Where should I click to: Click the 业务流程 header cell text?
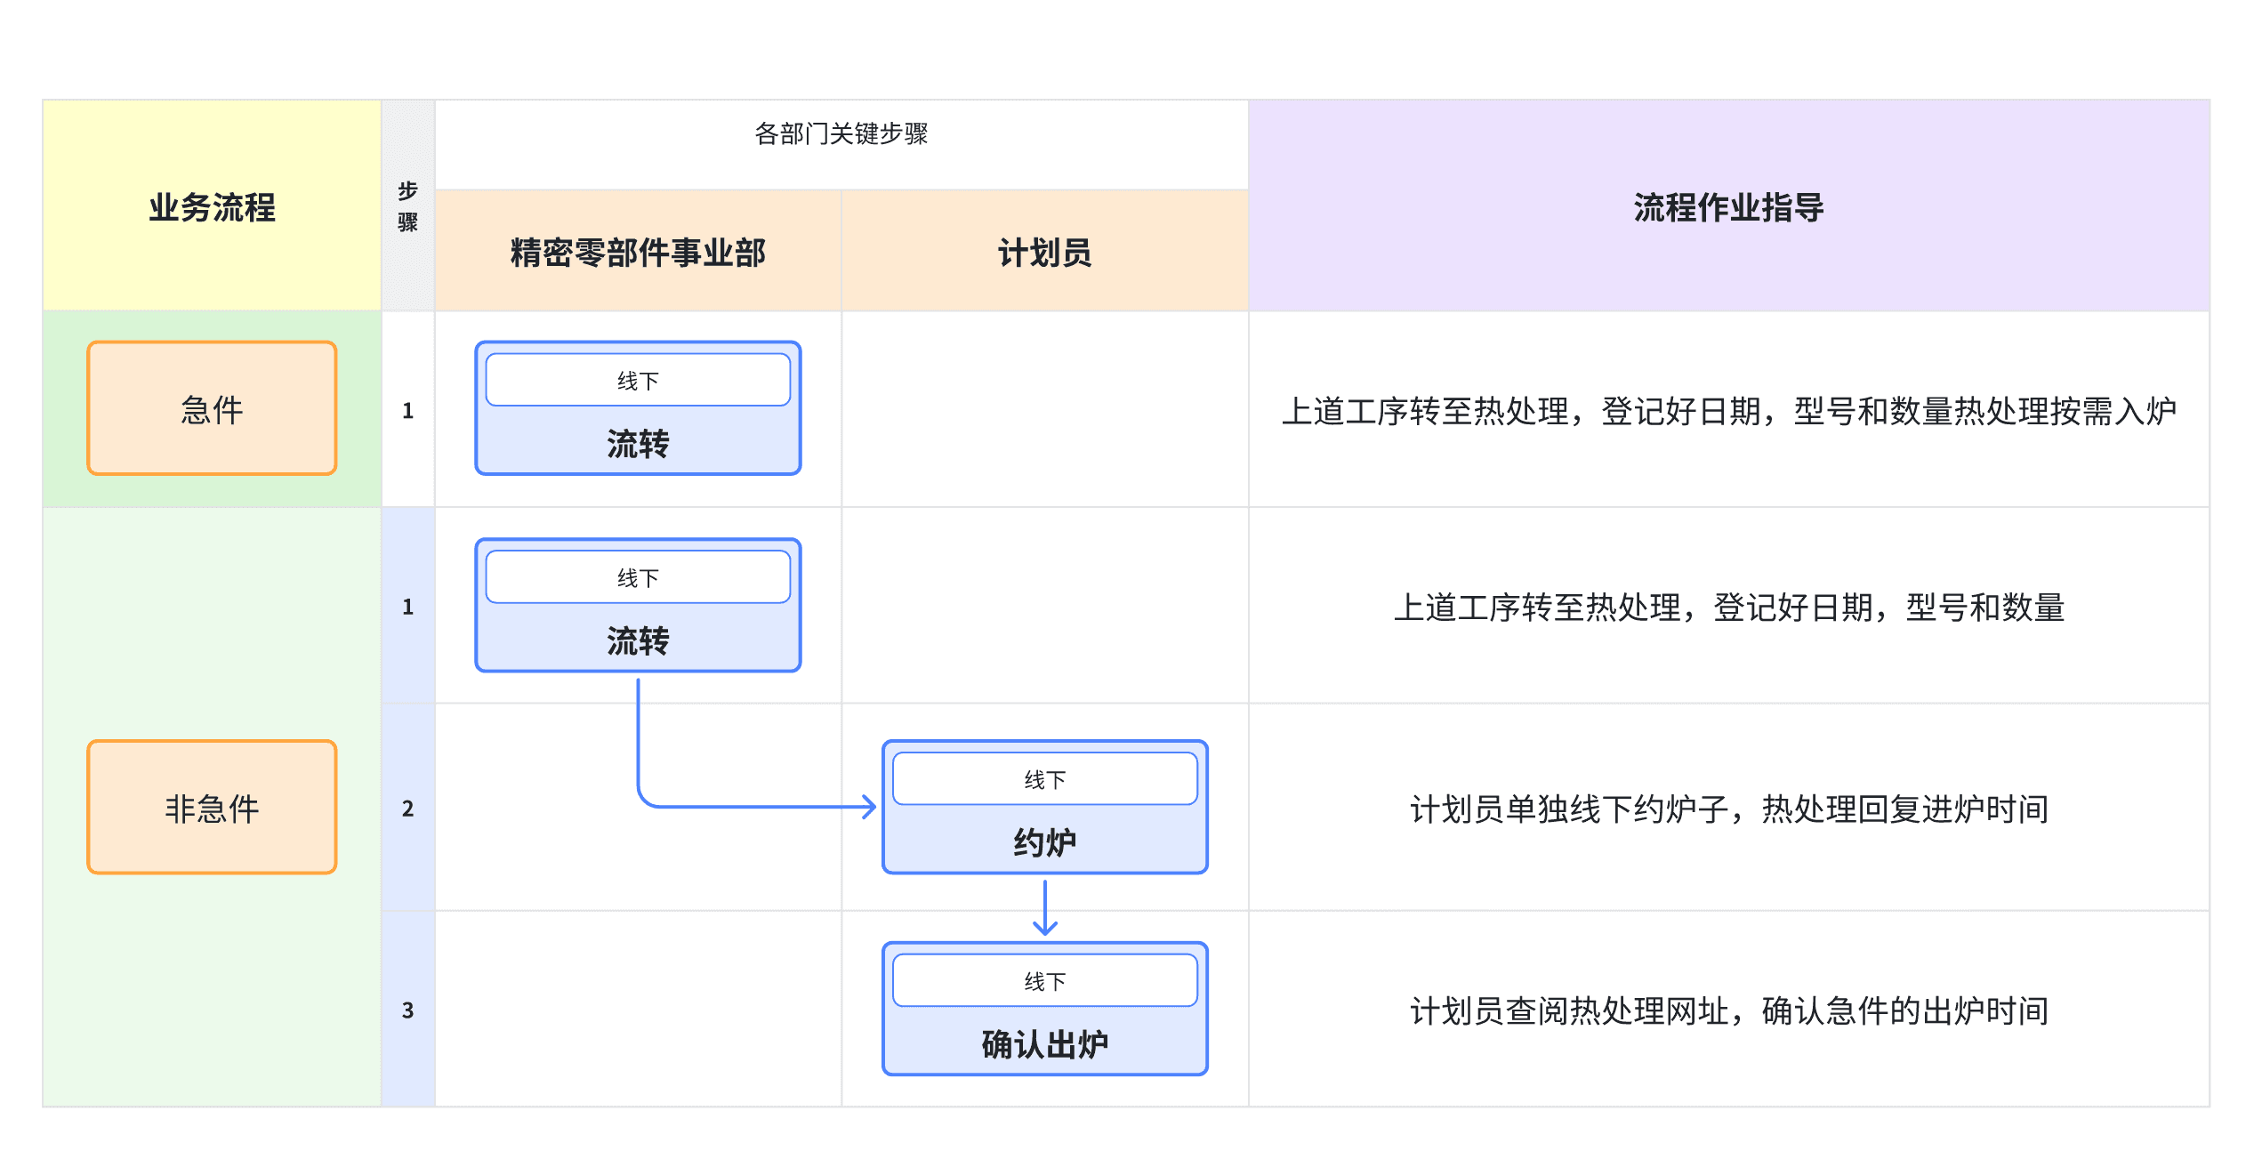click(212, 207)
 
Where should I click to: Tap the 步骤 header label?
click(407, 205)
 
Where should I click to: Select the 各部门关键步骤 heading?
click(841, 133)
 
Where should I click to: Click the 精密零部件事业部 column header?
click(638, 253)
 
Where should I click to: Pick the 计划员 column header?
click(1044, 253)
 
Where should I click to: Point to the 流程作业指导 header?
click(1728, 207)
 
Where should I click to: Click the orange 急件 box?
click(212, 408)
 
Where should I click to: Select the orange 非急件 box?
click(212, 807)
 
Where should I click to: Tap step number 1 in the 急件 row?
click(407, 410)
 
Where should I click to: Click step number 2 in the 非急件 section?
click(407, 809)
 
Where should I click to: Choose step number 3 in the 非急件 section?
click(407, 1010)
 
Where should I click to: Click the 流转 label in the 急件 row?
click(638, 444)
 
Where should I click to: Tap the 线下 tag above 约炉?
click(1044, 779)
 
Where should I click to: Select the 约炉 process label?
click(1044, 842)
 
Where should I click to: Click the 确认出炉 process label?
click(1044, 1044)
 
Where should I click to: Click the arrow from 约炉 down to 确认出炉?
click(1045, 907)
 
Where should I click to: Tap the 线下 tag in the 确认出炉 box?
click(1044, 981)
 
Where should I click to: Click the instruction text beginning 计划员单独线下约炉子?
click(1728, 809)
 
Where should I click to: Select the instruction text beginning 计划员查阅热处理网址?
click(1728, 1011)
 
